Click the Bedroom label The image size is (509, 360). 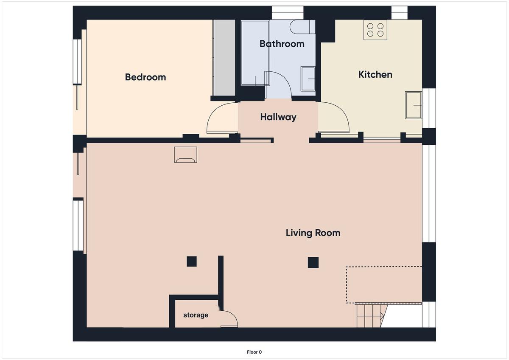145,77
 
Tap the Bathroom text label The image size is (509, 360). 282,44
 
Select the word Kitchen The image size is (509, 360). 375,75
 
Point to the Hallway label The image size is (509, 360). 278,117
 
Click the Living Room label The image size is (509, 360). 313,233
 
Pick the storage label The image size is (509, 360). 196,315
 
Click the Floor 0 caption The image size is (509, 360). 254,352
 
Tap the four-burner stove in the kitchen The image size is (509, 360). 375,30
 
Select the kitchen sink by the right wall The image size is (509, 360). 414,105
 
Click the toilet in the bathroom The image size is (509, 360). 302,27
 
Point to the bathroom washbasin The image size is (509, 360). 308,79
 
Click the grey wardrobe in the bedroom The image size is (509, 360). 224,58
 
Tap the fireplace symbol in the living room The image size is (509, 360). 185,155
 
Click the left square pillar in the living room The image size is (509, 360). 192,262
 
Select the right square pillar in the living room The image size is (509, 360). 313,262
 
